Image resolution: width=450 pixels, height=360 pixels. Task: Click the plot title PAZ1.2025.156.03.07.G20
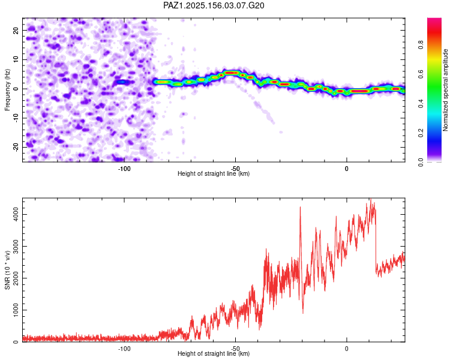[214, 5]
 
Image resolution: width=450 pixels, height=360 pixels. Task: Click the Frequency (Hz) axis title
[7, 89]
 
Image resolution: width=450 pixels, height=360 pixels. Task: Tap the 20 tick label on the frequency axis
[16, 31]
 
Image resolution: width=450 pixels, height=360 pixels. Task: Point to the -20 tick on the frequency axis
[16, 148]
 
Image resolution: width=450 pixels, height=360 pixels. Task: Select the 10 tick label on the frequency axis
[16, 59]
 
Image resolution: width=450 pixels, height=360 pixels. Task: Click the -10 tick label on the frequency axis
[16, 118]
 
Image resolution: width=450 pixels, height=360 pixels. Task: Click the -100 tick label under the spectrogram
[124, 169]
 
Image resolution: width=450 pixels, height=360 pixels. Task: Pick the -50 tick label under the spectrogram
[235, 168]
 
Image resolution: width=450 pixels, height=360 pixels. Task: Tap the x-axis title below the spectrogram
[214, 173]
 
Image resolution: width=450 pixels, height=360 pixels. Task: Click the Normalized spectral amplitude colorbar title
[445, 90]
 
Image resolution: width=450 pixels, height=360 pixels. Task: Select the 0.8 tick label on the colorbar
[421, 45]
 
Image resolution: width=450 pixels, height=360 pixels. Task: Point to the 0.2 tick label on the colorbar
[421, 133]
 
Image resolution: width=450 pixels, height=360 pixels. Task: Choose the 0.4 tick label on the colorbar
[421, 103]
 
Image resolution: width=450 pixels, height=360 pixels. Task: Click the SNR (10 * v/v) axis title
[7, 270]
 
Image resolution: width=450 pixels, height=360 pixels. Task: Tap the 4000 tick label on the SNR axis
[16, 214]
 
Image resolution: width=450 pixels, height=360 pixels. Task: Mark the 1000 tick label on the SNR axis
[16, 310]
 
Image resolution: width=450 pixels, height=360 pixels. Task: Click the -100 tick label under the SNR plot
[124, 349]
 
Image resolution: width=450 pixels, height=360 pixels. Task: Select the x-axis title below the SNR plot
[214, 353]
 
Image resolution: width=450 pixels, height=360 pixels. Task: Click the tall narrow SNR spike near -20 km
[301, 244]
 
